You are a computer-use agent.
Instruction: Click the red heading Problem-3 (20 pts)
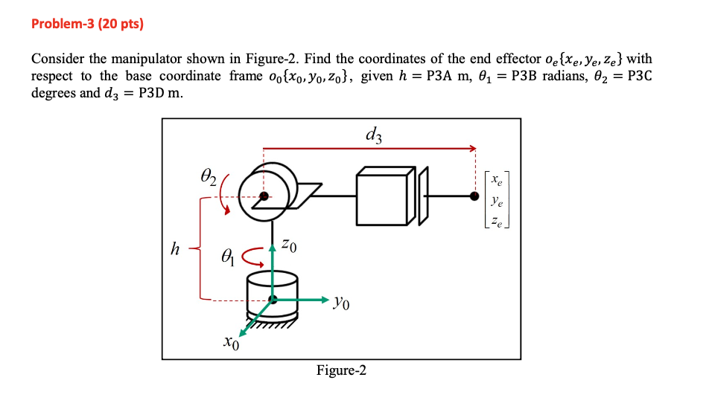pos(87,24)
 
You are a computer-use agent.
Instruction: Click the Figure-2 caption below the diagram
pos(341,370)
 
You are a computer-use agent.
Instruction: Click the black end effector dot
pos(474,196)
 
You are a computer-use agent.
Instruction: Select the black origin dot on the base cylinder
pos(273,299)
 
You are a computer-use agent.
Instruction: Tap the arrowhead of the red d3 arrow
pos(471,149)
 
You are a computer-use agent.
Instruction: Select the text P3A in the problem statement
pos(441,76)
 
